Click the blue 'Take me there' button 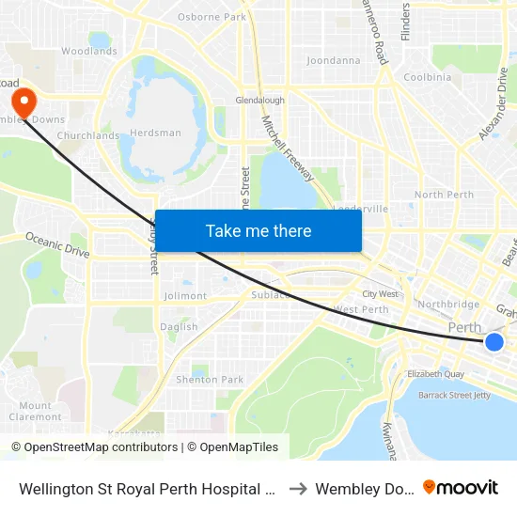(x=258, y=230)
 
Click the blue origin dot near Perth (x=494, y=342)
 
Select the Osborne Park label (x=211, y=17)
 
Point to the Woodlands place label (x=89, y=52)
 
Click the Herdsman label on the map (x=156, y=133)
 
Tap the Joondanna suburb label (x=333, y=61)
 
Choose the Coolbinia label (x=428, y=77)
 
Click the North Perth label (x=445, y=195)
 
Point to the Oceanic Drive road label (x=56, y=245)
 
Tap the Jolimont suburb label (x=185, y=296)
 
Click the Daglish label (x=179, y=327)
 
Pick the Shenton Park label (x=210, y=380)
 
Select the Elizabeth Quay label (x=436, y=373)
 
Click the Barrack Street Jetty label (x=454, y=396)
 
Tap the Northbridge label (x=448, y=305)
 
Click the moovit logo (x=461, y=488)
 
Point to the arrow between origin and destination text (x=298, y=489)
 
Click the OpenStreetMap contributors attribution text (x=95, y=447)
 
